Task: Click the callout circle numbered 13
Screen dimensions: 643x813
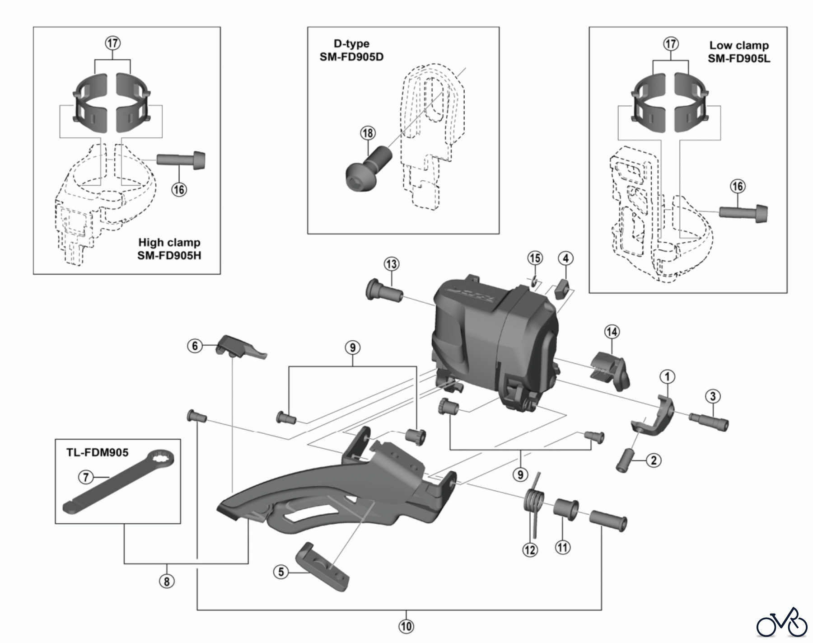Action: [392, 264]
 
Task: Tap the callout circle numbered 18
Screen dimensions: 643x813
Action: [368, 133]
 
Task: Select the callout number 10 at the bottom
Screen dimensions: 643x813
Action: [406, 626]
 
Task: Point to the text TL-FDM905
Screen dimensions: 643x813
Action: [98, 452]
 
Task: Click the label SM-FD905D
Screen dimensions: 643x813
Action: [351, 57]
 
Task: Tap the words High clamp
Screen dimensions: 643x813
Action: [169, 243]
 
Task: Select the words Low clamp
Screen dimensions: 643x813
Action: [738, 45]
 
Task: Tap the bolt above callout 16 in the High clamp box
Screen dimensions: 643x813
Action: [181, 160]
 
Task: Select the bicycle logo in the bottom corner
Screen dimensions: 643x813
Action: [781, 624]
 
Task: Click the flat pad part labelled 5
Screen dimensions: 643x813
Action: [322, 567]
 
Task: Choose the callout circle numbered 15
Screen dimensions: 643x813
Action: [535, 258]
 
